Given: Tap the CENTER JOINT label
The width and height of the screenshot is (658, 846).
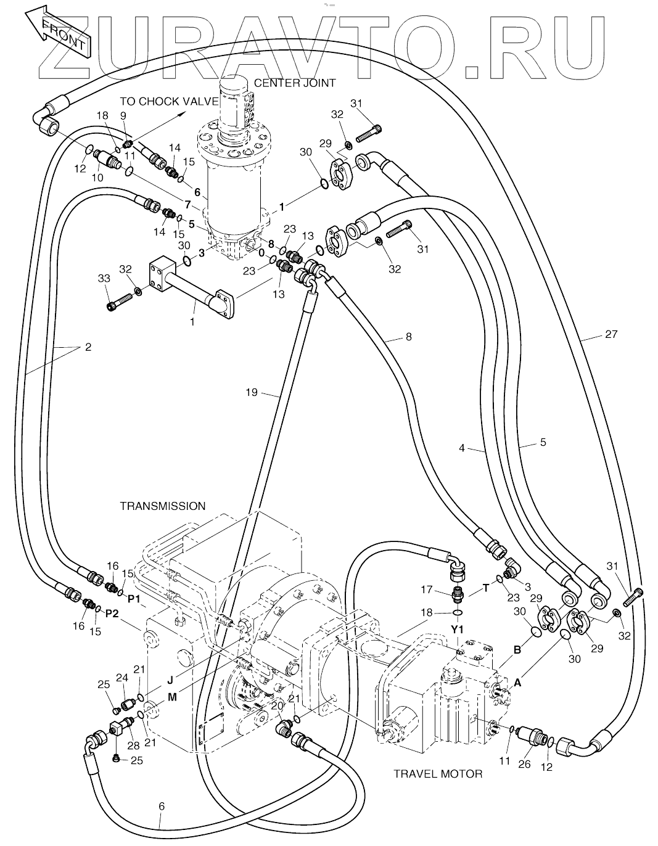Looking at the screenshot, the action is [x=294, y=83].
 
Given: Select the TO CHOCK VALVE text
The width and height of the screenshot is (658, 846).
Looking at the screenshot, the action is [x=169, y=101].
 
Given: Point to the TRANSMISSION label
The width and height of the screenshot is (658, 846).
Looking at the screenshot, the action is [x=162, y=506].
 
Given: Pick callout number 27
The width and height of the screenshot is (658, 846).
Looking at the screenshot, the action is [x=611, y=334].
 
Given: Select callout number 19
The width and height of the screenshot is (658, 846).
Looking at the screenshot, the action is [x=252, y=392].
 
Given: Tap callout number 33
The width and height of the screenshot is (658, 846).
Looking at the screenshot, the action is [x=104, y=278].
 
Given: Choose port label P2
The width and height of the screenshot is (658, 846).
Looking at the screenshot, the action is [x=112, y=613].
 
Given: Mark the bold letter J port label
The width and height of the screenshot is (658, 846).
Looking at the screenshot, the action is [x=170, y=680].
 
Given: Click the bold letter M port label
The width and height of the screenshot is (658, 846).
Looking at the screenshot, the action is [x=172, y=697].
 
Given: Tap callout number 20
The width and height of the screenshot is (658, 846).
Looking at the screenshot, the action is [x=277, y=705].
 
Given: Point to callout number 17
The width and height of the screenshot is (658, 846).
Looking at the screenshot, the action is [x=426, y=589].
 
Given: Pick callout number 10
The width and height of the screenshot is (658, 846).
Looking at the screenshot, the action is [x=97, y=178].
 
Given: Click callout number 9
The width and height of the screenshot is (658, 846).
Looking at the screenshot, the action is [x=123, y=115].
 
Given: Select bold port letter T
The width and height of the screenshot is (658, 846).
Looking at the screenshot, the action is [x=485, y=588].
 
